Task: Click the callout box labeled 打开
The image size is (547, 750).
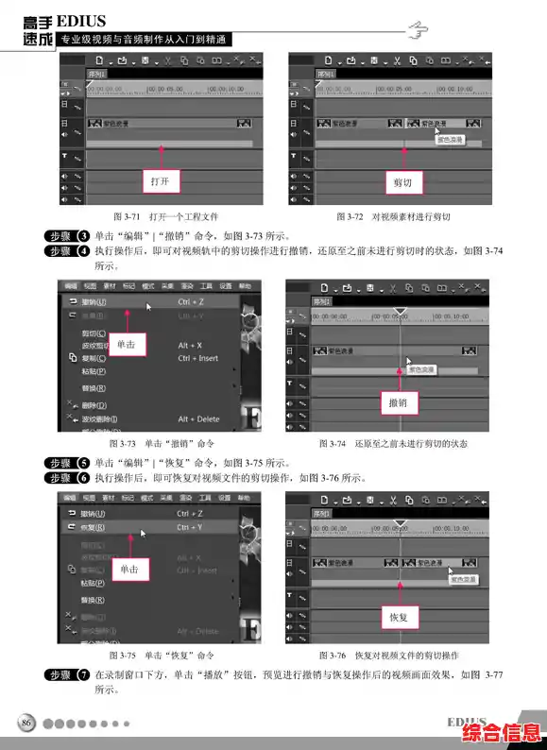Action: point(161,180)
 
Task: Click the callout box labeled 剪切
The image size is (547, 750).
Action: point(402,180)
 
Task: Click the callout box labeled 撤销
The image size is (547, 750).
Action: point(399,403)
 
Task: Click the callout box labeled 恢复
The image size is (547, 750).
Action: point(399,617)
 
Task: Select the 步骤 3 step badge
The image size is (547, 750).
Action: point(67,235)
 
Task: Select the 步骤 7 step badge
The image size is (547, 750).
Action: point(67,675)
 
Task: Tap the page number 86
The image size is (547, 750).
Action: point(27,724)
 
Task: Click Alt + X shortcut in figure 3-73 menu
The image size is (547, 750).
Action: point(192,346)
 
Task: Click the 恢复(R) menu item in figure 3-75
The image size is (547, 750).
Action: point(93,527)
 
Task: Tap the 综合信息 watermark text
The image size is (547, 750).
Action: point(501,733)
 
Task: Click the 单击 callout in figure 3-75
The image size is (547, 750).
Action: point(129,570)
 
